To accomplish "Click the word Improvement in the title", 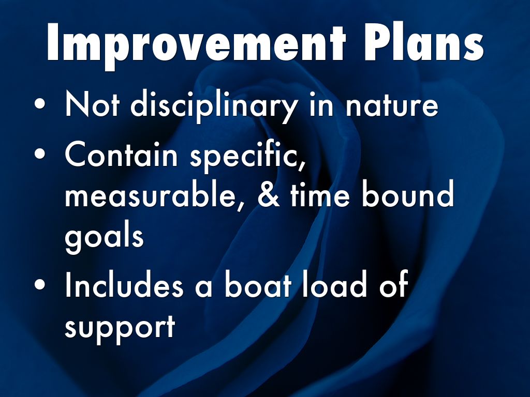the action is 196,43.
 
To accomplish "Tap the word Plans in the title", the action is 424,42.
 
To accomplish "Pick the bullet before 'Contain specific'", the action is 39,153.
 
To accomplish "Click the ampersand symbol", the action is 269,195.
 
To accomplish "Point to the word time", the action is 320,194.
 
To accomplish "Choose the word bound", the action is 408,193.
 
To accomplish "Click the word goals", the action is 104,237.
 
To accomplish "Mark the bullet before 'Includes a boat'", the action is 39,284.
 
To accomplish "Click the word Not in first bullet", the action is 92,104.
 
